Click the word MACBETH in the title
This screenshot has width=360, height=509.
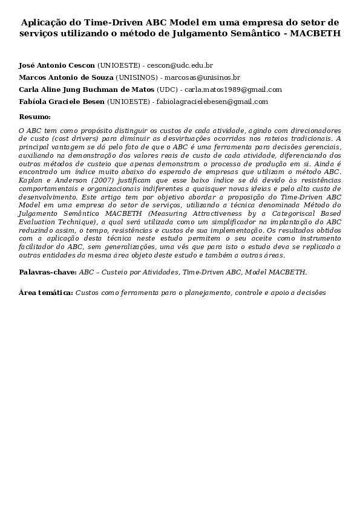315,34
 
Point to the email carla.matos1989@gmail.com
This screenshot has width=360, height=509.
233,89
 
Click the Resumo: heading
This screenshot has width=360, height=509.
34,117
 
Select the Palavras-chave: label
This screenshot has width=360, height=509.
48,272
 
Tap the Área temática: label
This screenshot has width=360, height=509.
45,293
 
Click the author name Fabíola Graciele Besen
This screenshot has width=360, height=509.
62,102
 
